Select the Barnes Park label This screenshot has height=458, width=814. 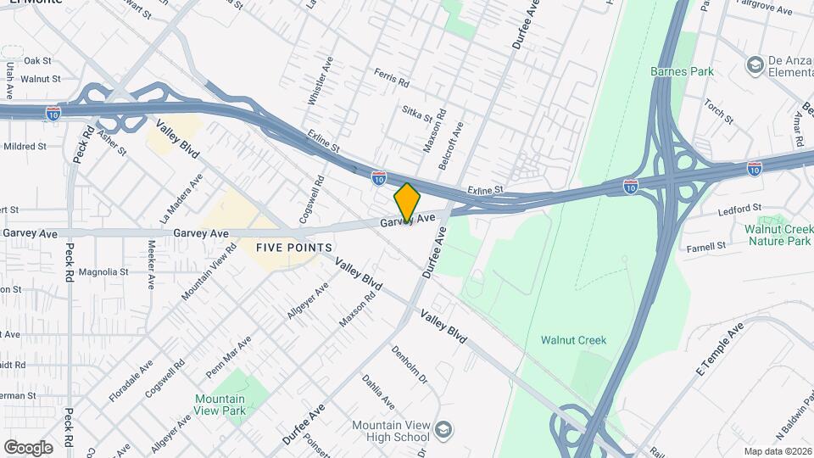(x=682, y=71)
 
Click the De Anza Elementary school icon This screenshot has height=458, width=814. (x=754, y=64)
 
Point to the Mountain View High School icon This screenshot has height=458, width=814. (x=444, y=431)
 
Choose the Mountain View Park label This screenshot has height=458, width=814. (x=220, y=405)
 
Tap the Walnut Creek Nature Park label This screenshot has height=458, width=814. (x=778, y=235)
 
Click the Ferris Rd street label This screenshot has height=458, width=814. (x=392, y=78)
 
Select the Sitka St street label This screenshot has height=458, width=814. (x=417, y=112)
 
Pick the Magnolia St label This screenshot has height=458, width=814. (x=103, y=272)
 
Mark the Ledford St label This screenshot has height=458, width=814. (x=740, y=209)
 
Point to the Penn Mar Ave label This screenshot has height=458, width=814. (x=229, y=359)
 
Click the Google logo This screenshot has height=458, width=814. (x=28, y=447)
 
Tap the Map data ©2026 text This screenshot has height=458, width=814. (x=777, y=451)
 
